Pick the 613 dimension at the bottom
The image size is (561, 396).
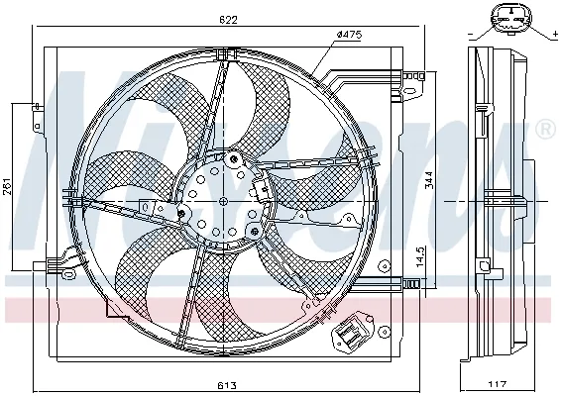click(x=226, y=385)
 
